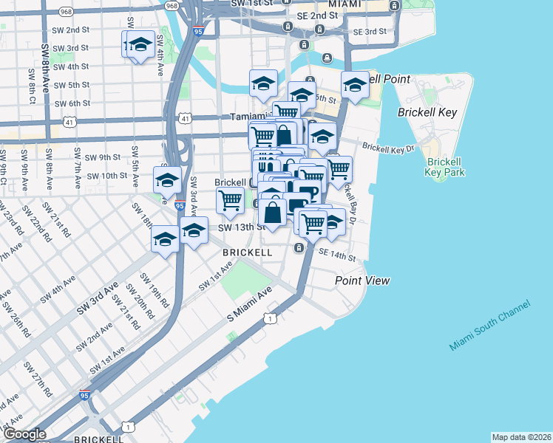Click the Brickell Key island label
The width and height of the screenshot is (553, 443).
(x=427, y=113)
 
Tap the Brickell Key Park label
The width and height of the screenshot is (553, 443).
(x=444, y=167)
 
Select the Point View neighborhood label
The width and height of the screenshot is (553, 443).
(x=362, y=281)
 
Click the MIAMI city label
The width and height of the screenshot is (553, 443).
(x=345, y=4)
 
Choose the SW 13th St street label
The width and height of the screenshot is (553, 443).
(x=240, y=227)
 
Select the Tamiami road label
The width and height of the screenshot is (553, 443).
(x=247, y=117)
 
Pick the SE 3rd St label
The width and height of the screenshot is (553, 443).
(x=370, y=32)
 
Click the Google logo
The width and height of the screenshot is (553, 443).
(x=24, y=434)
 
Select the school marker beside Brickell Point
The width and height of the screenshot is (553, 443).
(x=355, y=86)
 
